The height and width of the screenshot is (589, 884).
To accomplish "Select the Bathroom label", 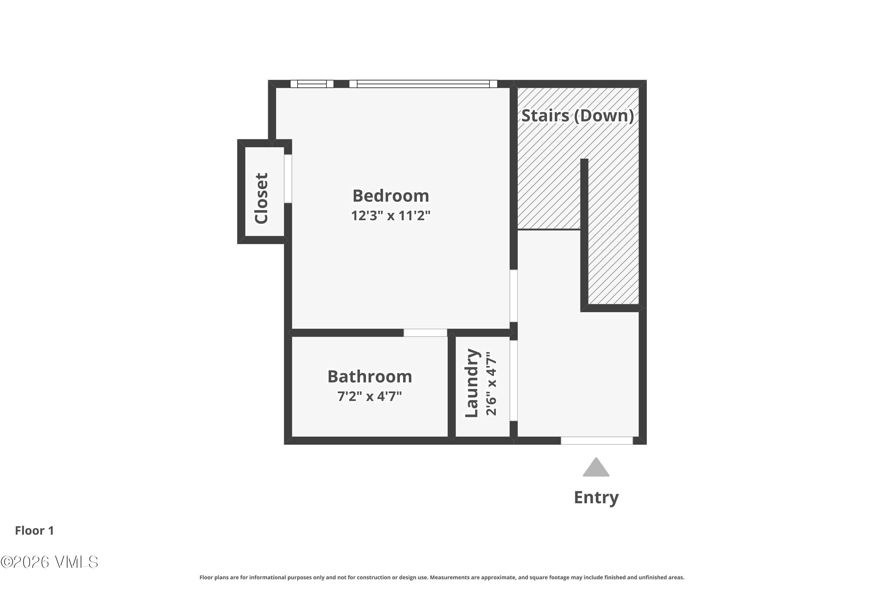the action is pyautogui.click(x=370, y=376).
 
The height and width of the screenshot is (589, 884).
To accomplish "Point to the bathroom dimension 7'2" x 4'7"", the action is pyautogui.click(x=370, y=396).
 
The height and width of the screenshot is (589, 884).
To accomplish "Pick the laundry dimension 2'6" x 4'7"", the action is pyautogui.click(x=491, y=383).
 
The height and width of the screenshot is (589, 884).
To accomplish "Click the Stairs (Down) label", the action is pyautogui.click(x=578, y=116).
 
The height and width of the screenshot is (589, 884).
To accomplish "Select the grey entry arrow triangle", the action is pyautogui.click(x=596, y=467).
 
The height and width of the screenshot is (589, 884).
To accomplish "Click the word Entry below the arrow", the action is pyautogui.click(x=596, y=498).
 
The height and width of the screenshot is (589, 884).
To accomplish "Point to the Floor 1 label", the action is pyautogui.click(x=34, y=530).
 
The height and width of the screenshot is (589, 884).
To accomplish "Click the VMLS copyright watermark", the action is pyautogui.click(x=49, y=562).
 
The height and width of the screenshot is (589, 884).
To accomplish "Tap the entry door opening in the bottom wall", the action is pyautogui.click(x=597, y=440).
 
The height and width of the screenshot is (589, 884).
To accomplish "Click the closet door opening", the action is pyautogui.click(x=288, y=179).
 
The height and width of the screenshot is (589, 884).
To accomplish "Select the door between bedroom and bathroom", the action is pyautogui.click(x=425, y=333).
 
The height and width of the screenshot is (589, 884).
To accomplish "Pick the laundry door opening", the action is pyautogui.click(x=513, y=380).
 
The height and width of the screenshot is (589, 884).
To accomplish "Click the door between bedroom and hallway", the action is pyautogui.click(x=513, y=296).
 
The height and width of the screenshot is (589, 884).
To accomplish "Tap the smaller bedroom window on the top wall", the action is pyautogui.click(x=312, y=84).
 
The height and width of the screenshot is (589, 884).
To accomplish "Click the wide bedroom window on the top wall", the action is pyautogui.click(x=423, y=84).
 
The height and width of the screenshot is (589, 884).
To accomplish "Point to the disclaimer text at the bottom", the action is pyautogui.click(x=442, y=577).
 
